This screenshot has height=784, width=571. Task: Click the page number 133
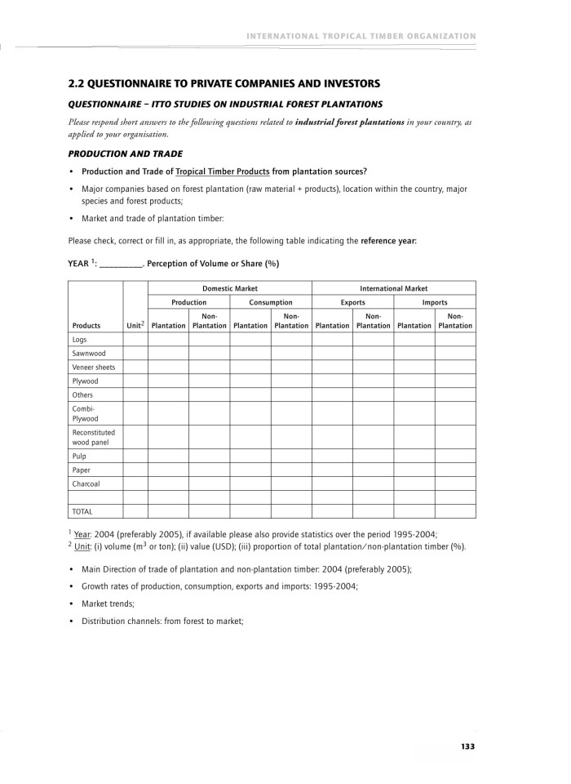467,746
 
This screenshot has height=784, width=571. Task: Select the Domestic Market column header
229,288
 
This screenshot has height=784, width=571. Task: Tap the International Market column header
393,288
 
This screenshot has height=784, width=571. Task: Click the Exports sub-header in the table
352,302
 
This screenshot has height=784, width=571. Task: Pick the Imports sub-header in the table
435,302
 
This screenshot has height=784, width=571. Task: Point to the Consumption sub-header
271,302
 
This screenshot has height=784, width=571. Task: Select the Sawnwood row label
85,354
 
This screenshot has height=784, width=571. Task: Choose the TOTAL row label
82,511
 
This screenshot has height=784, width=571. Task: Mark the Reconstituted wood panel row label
93,437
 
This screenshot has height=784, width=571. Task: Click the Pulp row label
79,456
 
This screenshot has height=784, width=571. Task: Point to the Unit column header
135,325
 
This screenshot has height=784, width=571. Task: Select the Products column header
86,325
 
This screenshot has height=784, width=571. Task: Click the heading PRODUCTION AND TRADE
125,154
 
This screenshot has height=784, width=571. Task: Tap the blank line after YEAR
121,264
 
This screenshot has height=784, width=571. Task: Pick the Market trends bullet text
108,603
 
